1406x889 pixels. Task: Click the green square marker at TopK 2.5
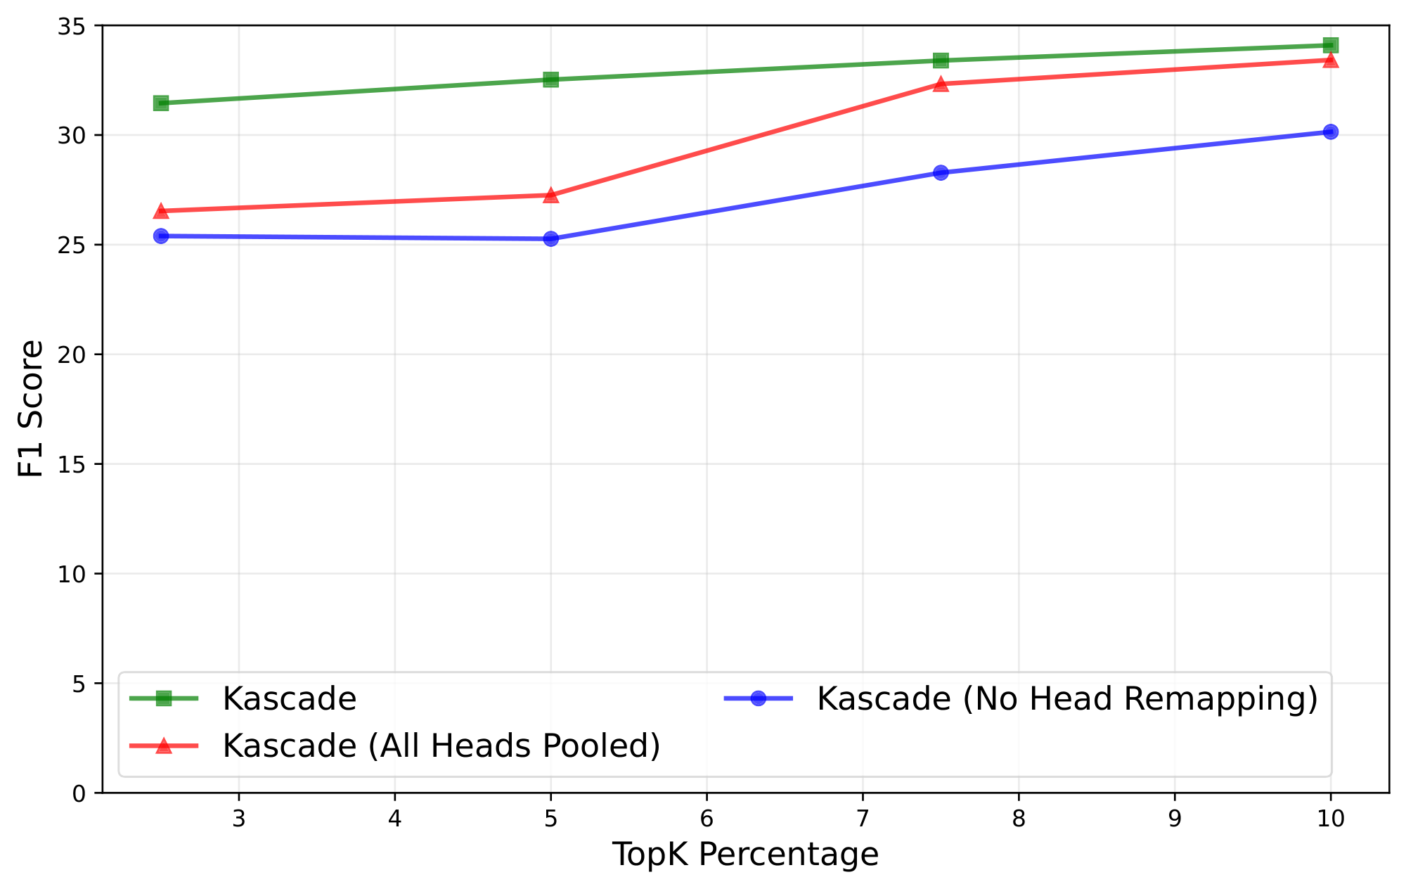(161, 103)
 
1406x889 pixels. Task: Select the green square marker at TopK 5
(551, 79)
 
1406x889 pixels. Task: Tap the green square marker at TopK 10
(1330, 46)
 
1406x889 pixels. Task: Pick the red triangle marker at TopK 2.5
(161, 211)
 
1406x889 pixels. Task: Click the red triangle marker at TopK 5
(551, 196)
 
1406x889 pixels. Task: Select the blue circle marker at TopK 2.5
(161, 236)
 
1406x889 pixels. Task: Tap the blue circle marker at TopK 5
(551, 239)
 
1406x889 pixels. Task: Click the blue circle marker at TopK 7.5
(941, 172)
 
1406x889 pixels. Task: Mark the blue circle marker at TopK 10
(1330, 132)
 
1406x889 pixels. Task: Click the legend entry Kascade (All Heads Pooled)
(441, 746)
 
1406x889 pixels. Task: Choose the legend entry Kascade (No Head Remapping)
(1067, 698)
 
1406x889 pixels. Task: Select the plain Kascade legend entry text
(290, 698)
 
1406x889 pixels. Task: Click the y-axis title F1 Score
(31, 409)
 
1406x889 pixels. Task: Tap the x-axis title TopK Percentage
(745, 855)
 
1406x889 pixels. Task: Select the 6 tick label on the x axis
(707, 819)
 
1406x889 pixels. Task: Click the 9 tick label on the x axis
(1174, 819)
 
